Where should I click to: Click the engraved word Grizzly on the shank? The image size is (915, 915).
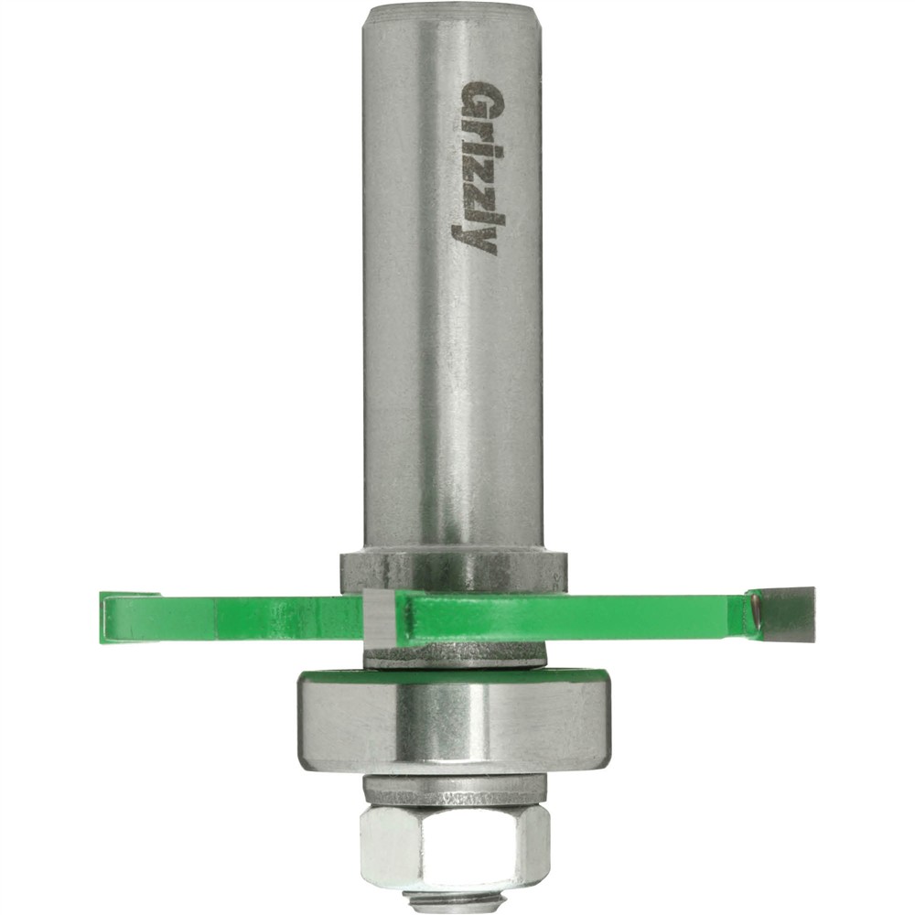point(479,169)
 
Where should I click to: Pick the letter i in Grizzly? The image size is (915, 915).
point(480,147)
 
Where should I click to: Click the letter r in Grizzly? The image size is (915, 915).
point(479,127)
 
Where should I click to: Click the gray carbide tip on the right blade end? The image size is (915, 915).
point(787,612)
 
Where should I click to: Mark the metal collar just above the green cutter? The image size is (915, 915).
point(454,573)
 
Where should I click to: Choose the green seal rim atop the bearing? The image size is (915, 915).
point(453,676)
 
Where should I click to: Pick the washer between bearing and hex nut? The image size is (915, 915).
point(454,789)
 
